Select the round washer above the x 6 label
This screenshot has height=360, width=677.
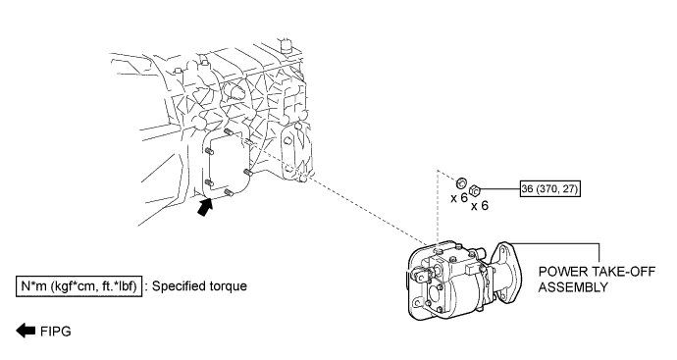click(x=461, y=183)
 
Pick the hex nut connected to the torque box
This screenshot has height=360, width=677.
click(x=475, y=190)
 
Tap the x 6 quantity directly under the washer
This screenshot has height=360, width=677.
click(x=459, y=198)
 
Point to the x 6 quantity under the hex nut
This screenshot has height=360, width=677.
click(x=480, y=205)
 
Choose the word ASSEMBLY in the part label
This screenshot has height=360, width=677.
click(x=573, y=287)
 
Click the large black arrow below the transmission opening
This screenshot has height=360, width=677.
click(x=205, y=207)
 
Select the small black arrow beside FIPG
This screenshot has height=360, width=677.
click(x=26, y=331)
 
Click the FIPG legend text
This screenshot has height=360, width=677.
click(x=56, y=332)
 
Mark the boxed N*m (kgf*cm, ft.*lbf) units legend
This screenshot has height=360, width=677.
click(x=79, y=286)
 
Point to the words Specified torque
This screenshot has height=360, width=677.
click(x=200, y=286)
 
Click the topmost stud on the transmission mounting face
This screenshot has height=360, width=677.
click(x=229, y=131)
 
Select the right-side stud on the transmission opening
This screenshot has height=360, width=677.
click(x=248, y=173)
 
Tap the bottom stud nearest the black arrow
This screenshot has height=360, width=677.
click(x=229, y=193)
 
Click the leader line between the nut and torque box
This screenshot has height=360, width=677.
click(x=500, y=188)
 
